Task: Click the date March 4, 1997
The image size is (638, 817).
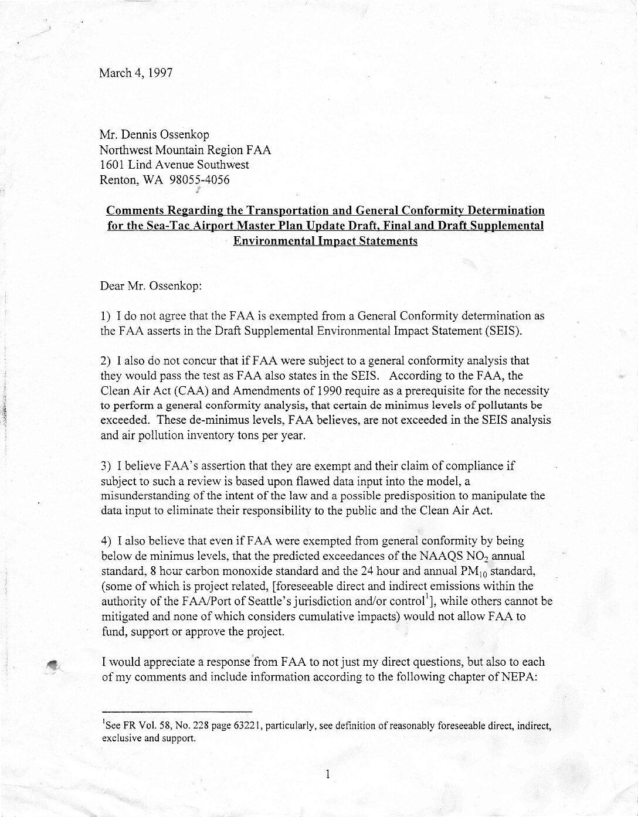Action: click(x=135, y=73)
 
